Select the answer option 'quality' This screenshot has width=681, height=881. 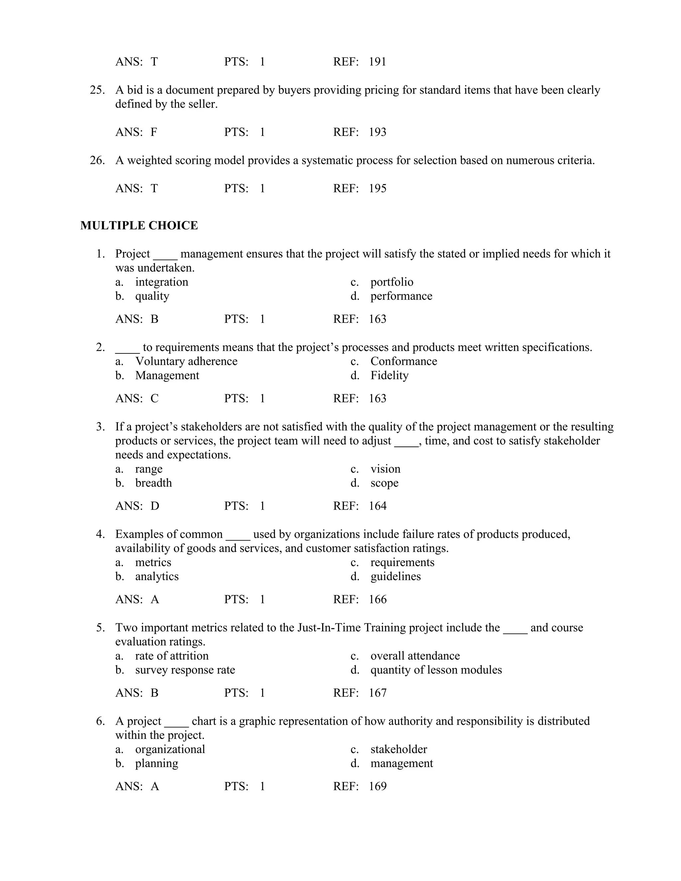click(152, 296)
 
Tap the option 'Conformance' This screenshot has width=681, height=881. click(403, 361)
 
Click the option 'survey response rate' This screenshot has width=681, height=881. click(185, 670)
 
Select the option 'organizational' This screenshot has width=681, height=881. click(170, 749)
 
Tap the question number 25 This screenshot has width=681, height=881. click(97, 90)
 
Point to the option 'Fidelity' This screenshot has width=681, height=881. click(389, 376)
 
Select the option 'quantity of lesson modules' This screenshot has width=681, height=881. click(436, 670)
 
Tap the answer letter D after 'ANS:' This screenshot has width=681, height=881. click(155, 506)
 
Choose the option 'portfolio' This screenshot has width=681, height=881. click(392, 282)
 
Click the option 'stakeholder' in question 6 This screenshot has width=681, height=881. click(399, 749)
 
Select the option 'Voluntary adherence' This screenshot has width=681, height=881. click(186, 361)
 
